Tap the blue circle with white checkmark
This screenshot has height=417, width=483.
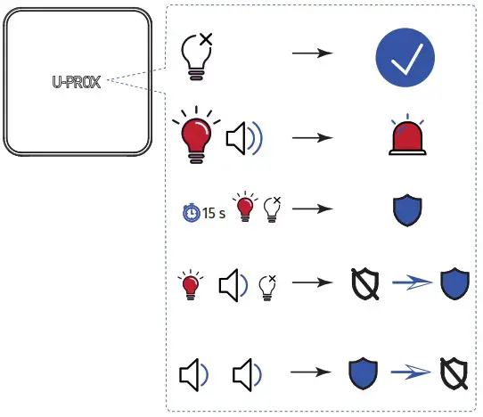(x=403, y=56)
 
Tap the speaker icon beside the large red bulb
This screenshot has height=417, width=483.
(x=243, y=138)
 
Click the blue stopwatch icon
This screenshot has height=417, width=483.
(x=189, y=213)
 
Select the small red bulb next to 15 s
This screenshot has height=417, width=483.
(x=243, y=208)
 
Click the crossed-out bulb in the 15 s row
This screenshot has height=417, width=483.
(x=274, y=208)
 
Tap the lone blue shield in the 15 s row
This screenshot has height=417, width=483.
(x=406, y=209)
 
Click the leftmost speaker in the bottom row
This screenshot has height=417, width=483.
(x=195, y=375)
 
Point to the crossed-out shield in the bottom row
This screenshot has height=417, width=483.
(x=456, y=374)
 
